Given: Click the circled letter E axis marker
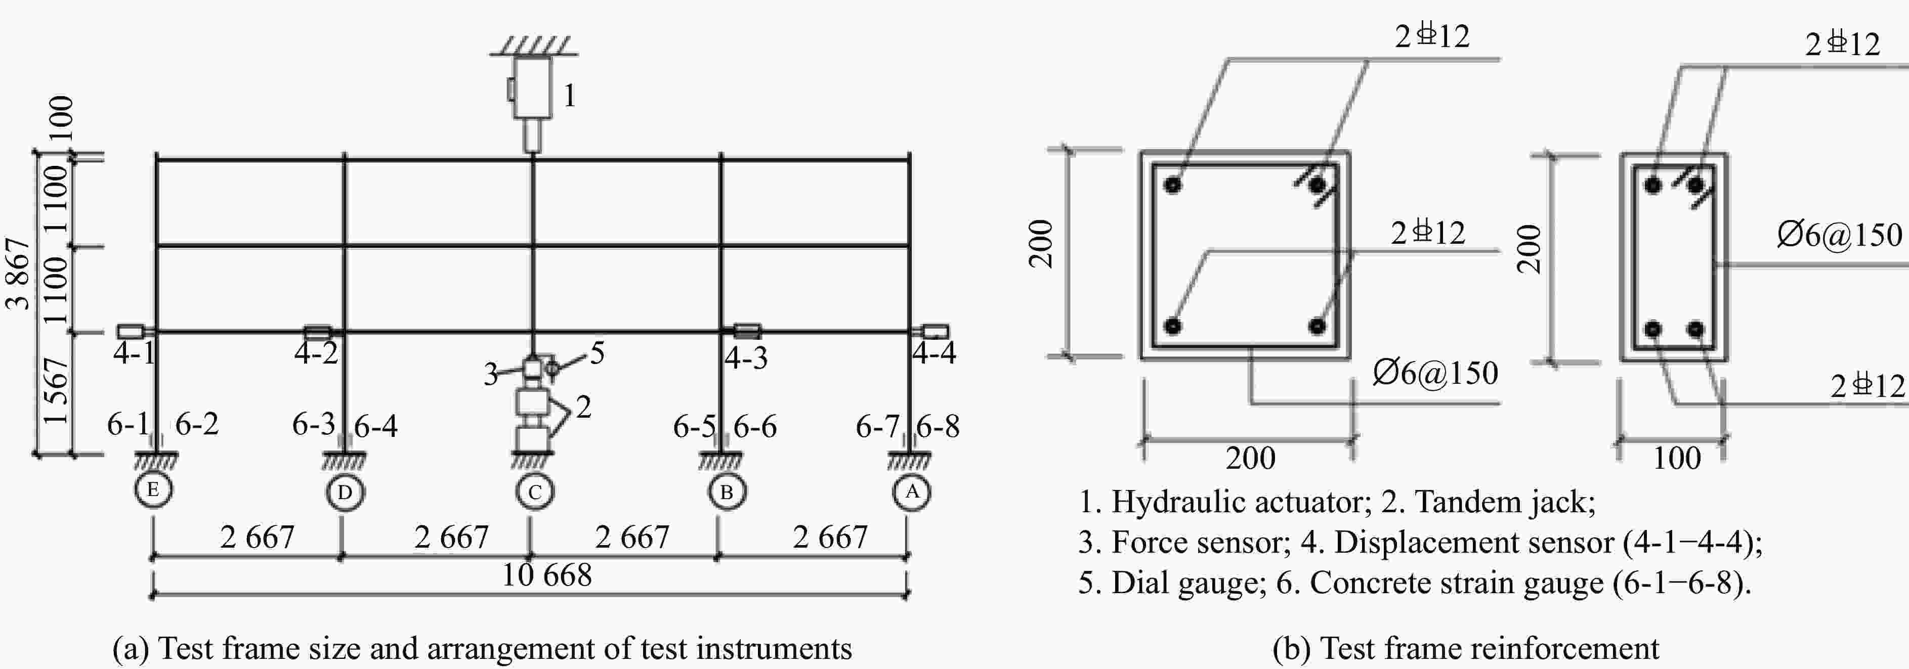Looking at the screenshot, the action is coord(153,489).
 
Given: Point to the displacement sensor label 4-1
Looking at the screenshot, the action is coord(134,353).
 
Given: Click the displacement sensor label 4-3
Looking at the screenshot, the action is coord(745,358).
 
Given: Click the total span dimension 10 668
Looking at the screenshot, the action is coord(547,575).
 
